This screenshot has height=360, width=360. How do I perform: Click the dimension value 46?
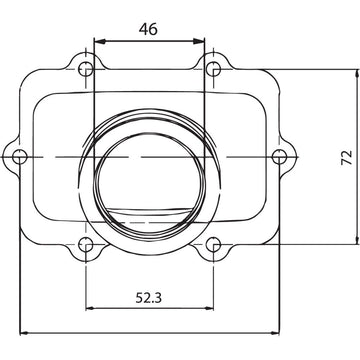pyautogui.click(x=148, y=30)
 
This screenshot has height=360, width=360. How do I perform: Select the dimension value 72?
pyautogui.click(x=344, y=157)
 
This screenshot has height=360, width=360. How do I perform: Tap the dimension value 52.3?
pyautogui.click(x=148, y=297)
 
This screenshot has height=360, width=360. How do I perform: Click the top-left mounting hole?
pyautogui.click(x=87, y=69)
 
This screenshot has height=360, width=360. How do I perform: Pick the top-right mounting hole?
pyautogui.click(x=211, y=69)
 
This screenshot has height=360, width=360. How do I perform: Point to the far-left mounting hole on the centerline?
pyautogui.click(x=18, y=157)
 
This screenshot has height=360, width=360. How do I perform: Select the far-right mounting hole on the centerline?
pyautogui.click(x=281, y=157)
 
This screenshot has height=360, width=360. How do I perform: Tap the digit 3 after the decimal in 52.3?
pyautogui.click(x=161, y=297)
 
